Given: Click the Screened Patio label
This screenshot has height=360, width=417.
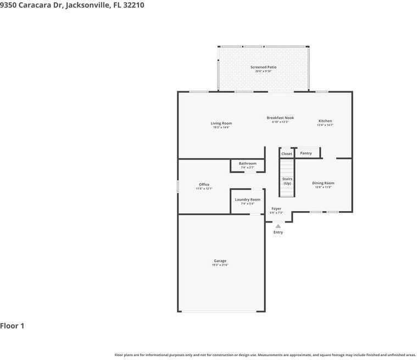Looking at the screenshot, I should coord(263,67).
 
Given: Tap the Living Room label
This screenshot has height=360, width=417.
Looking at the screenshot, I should coord(221,123).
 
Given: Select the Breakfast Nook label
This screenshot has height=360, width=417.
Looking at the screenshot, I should coord(280,118).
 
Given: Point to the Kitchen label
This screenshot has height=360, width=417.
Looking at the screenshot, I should coord(325,121).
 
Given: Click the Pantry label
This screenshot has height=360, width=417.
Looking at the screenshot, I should coord(305,153).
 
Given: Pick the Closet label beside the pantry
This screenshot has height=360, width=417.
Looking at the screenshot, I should coord(287,154).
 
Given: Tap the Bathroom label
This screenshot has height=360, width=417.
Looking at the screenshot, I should coord(247,163).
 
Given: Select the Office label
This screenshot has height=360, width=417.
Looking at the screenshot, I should coord(204,185).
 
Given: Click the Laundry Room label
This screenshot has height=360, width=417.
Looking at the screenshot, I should coord(247,200).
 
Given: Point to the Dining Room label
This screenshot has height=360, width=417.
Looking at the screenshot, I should coord(323,183).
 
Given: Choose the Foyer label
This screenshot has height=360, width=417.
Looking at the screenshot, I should coord(276,209).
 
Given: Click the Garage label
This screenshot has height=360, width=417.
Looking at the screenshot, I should coord(220,261).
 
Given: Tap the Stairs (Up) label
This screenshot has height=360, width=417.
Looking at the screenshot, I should coord(287,181).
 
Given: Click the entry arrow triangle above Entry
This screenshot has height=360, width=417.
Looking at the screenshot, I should coord(278,225).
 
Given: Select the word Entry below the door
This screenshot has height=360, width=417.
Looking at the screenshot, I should coord(278,232).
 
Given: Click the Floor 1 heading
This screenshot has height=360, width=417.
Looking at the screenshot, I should coord(12,326).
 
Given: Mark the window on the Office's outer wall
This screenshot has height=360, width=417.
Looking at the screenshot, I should coord(177,186).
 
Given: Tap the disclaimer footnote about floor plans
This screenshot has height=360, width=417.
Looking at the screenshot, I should coord(265,355).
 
